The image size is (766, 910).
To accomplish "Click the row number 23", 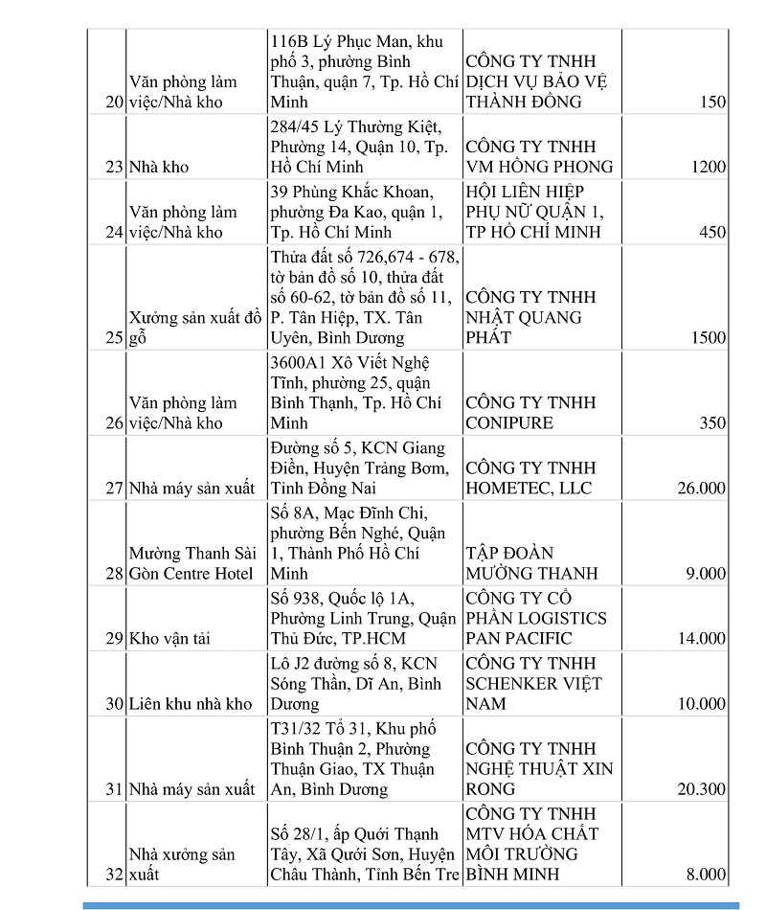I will [x=114, y=167].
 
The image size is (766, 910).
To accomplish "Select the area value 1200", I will [x=708, y=167].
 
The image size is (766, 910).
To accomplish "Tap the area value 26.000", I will [x=698, y=488].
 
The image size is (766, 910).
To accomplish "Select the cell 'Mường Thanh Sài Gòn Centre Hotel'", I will [x=191, y=563].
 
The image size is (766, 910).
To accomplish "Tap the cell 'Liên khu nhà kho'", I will [x=191, y=704].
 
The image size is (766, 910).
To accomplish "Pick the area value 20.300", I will [x=698, y=789].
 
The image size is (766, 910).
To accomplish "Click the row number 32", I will [x=114, y=874].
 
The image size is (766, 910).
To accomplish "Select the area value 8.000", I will [x=703, y=874].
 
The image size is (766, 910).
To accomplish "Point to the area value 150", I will [x=712, y=102].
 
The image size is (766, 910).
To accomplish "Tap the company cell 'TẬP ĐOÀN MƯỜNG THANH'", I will [x=531, y=563].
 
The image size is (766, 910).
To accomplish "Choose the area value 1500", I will [x=708, y=337].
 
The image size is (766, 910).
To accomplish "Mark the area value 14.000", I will [x=698, y=638].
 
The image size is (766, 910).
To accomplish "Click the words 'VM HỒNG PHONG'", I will [x=539, y=167].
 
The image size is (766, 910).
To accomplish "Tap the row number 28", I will [x=114, y=573].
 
